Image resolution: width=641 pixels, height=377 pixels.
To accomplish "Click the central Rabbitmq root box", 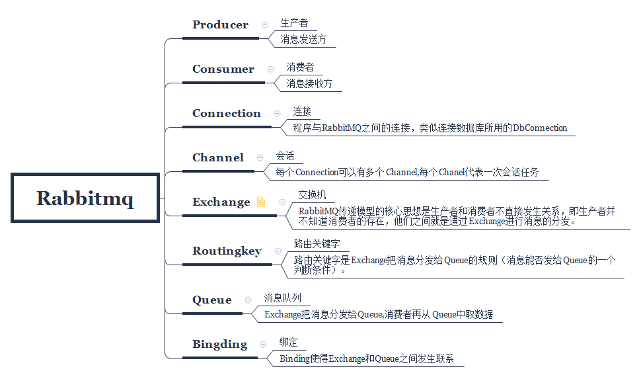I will (x=85, y=198).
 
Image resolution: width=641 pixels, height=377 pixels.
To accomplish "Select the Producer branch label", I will (x=220, y=25).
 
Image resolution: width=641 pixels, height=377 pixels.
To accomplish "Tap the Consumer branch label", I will (x=223, y=69).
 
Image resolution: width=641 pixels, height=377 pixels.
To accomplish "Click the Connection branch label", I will (x=226, y=114).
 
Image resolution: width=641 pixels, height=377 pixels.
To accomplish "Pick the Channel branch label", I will (x=217, y=158).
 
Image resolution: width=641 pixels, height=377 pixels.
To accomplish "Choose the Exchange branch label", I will (x=221, y=202).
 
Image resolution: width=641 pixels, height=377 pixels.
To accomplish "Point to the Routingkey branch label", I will (x=227, y=251).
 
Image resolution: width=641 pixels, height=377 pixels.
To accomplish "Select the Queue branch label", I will (x=212, y=300).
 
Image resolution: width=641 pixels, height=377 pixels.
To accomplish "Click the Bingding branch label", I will (x=219, y=345).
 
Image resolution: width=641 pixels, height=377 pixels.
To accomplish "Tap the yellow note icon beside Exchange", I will (x=261, y=202).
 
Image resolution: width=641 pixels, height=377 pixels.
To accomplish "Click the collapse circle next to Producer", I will (x=264, y=24).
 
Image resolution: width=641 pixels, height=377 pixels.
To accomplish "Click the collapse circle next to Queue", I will (x=248, y=300).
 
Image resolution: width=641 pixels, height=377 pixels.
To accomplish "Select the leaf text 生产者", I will (x=294, y=23).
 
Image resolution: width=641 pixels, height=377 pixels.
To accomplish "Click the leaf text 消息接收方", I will (x=309, y=84).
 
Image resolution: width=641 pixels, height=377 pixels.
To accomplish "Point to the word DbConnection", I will (x=540, y=128).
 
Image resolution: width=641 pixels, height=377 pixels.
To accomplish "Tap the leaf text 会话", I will (x=285, y=156).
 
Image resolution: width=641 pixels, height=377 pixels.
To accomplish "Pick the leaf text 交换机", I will (x=312, y=195).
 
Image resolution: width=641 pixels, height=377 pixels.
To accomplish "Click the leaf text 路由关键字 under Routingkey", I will (x=317, y=244).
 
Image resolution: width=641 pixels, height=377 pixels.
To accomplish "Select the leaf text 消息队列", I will (x=282, y=298).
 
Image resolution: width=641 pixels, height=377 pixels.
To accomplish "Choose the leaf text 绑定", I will (x=289, y=343).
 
